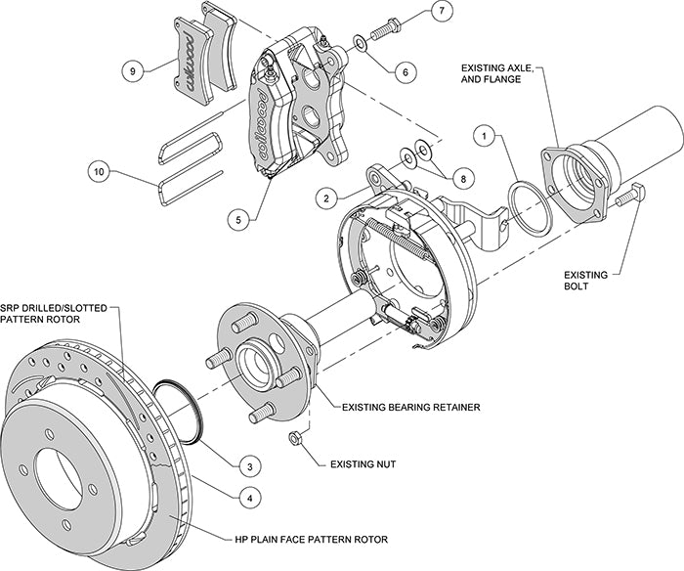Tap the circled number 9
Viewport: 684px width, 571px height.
[x=133, y=70]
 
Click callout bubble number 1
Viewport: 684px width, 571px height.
[x=481, y=134]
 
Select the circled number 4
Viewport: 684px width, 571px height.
[x=252, y=497]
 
